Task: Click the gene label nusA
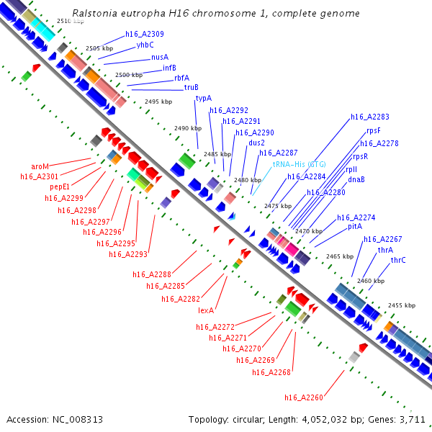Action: click(160, 57)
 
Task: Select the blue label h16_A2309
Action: click(144, 34)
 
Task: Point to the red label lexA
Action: click(207, 311)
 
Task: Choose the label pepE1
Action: click(60, 186)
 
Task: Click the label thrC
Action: click(398, 260)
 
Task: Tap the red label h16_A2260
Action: click(304, 397)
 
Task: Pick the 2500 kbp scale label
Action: click(129, 75)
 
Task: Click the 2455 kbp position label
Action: click(401, 305)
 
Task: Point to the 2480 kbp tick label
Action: click(247, 180)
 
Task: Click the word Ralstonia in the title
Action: click(96, 14)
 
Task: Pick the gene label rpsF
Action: click(373, 130)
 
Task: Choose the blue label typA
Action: click(204, 98)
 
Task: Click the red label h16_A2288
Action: click(152, 274)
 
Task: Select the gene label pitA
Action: click(355, 226)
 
